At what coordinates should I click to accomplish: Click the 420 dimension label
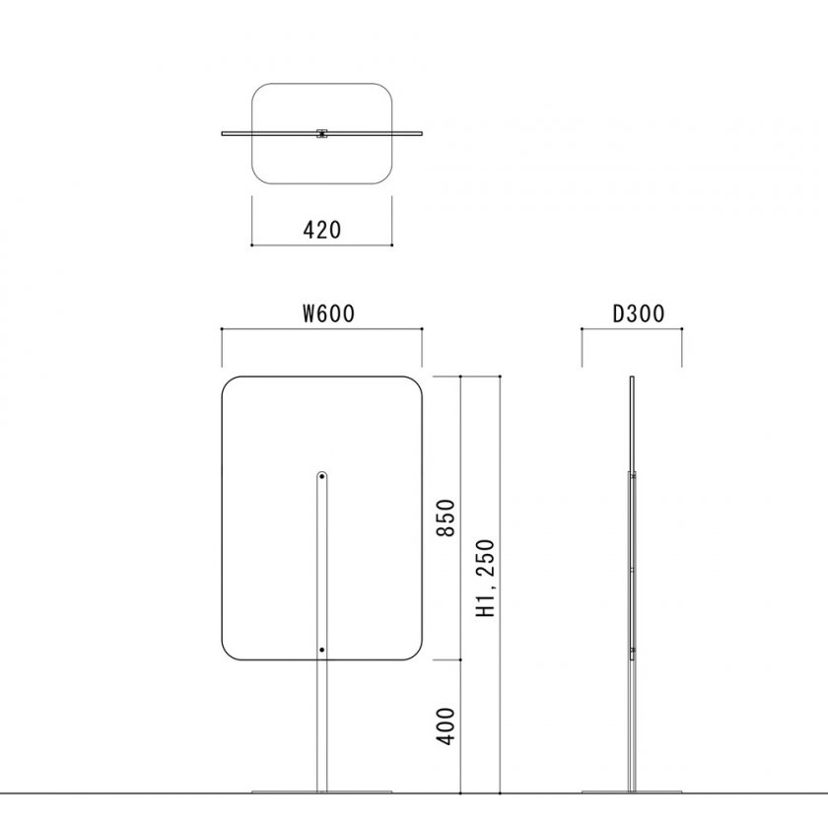coord(322,230)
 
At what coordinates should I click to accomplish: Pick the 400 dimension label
coord(447,725)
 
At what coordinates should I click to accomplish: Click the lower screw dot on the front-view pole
coord(322,651)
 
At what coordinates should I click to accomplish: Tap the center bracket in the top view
coord(322,133)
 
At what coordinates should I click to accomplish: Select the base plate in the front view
coord(322,790)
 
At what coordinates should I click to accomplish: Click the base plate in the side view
coord(632,790)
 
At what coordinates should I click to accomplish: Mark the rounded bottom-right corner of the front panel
coord(418,653)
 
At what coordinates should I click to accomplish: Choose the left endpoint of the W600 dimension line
coord(222,331)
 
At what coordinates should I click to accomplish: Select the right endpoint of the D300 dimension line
coord(682,331)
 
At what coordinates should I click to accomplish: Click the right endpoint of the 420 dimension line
coord(392,244)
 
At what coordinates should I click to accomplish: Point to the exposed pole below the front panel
coord(322,724)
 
